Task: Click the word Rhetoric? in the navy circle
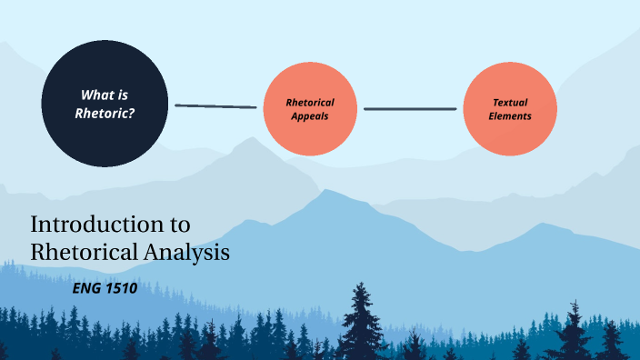tap(110, 114)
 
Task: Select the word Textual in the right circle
tap(510, 102)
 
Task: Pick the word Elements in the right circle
tap(509, 116)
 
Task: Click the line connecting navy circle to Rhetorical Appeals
tap(215, 106)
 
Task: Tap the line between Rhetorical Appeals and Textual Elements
tap(410, 109)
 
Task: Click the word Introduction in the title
tap(89, 225)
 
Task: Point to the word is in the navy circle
tap(124, 94)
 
